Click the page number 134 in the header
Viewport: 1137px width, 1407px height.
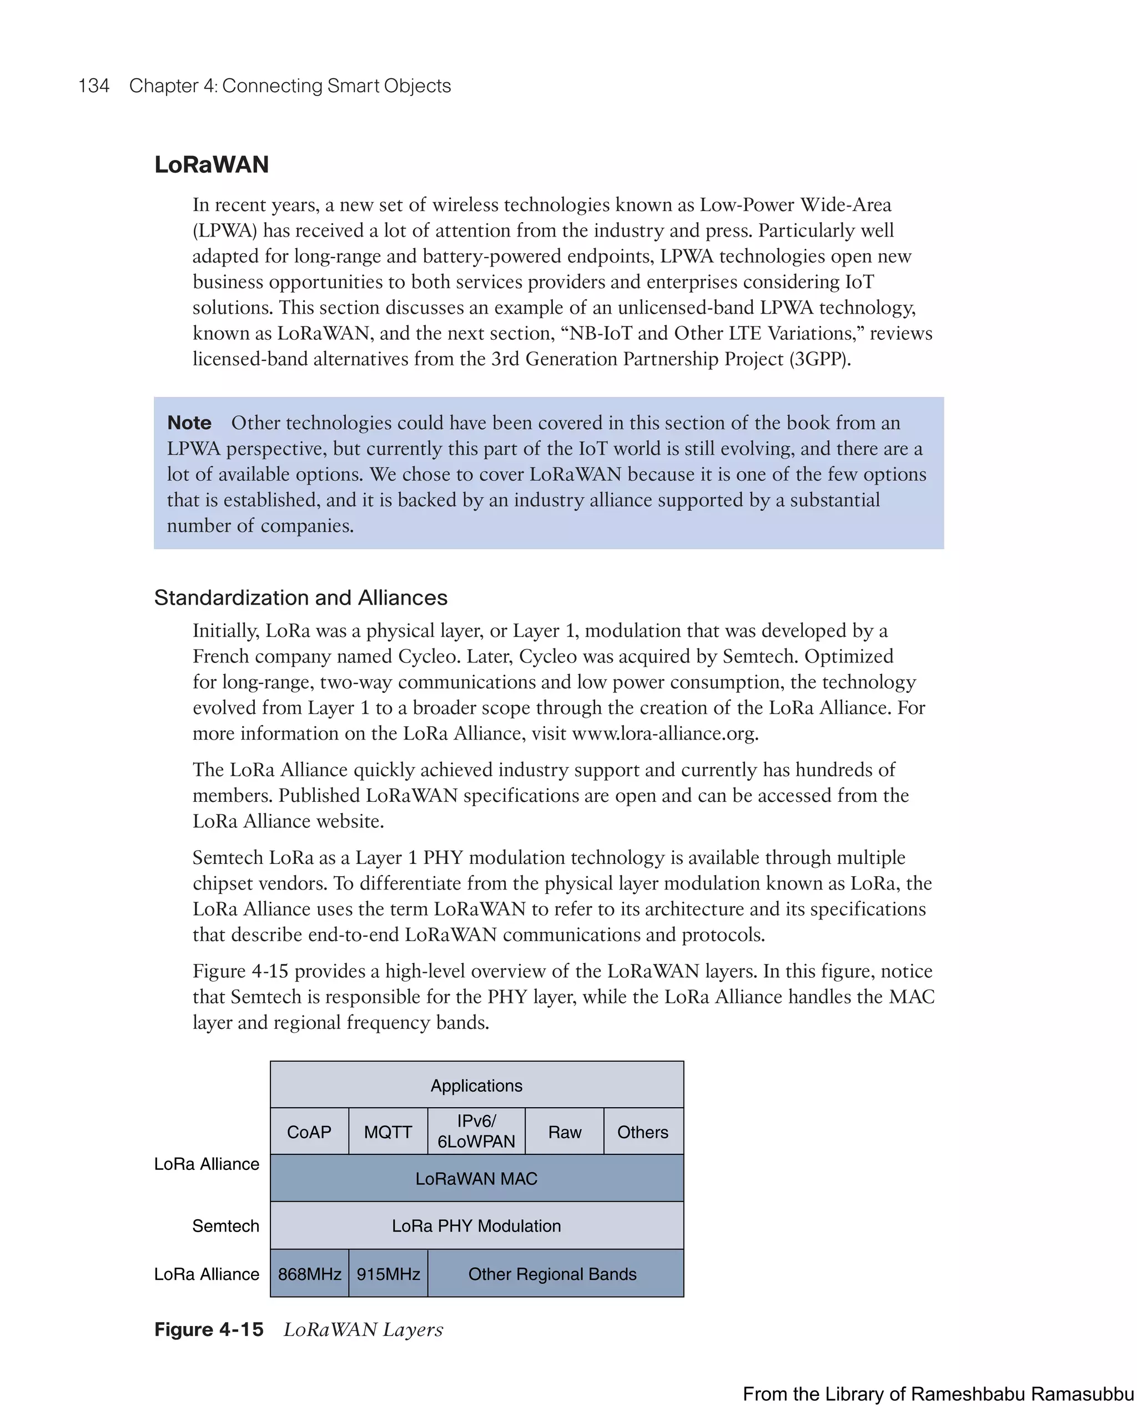click(x=94, y=86)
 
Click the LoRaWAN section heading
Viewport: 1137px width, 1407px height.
click(x=212, y=164)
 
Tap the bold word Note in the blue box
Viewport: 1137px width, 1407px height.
click(x=189, y=423)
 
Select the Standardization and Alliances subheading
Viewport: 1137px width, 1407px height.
click(x=300, y=597)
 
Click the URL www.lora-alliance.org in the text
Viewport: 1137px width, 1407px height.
click(x=664, y=733)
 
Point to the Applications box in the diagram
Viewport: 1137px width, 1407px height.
click(x=476, y=1086)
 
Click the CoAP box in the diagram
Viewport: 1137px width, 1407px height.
click(x=309, y=1132)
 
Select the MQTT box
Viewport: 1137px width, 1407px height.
click(x=388, y=1132)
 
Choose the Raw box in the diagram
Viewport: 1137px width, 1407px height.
click(x=565, y=1132)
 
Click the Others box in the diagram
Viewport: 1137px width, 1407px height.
click(x=642, y=1132)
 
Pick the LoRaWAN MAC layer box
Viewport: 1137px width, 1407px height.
click(x=476, y=1178)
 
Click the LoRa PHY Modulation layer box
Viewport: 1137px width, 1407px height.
click(x=476, y=1225)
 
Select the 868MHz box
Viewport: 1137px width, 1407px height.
click(x=309, y=1274)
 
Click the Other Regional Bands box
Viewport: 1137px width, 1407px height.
click(x=552, y=1274)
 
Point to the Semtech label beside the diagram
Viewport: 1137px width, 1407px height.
click(x=225, y=1225)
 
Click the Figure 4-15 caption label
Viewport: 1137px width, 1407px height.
click(x=209, y=1329)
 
